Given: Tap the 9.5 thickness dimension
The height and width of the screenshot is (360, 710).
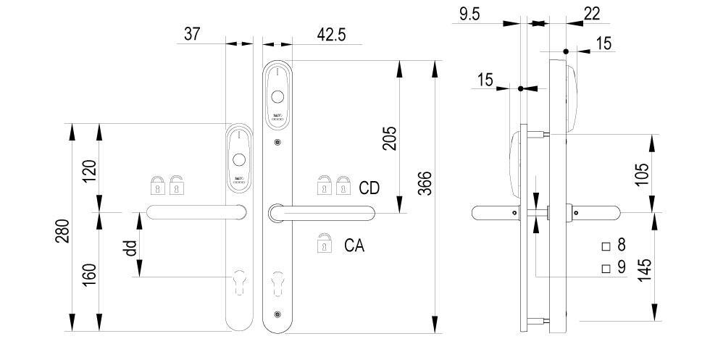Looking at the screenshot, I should tap(471, 13).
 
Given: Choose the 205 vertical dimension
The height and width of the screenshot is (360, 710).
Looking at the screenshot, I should tap(389, 135).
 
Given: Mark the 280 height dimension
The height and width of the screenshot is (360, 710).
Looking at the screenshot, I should tap(63, 230).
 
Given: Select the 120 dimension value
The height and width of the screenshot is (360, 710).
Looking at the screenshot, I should tap(91, 171).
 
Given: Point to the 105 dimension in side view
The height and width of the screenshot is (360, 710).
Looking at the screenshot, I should tap(642, 174).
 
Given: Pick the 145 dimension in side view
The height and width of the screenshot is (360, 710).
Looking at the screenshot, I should tap(645, 267).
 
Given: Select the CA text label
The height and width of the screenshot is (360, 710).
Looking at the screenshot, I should tap(354, 246).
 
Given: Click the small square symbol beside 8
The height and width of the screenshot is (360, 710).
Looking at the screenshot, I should tap(606, 246).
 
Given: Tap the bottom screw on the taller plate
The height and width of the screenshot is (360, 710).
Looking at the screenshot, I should tap(277, 314).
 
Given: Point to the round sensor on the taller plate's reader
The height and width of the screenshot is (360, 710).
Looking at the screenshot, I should tap(277, 96).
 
